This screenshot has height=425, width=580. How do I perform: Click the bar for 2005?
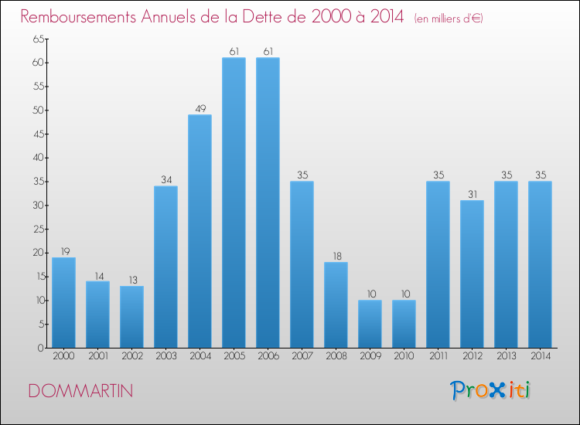coord(234,202)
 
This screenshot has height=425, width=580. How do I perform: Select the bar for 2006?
coord(268,202)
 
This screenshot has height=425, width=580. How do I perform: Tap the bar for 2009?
coord(370,324)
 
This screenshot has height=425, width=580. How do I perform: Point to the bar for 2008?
coord(336,304)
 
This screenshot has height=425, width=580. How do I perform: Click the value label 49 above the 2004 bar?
coord(200,108)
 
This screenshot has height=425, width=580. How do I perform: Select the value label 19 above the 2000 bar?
coord(63,251)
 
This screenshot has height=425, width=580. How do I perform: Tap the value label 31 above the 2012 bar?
coord(472,194)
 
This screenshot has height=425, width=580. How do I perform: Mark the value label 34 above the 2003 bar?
coord(165,179)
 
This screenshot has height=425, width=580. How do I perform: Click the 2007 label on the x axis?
coord(302,357)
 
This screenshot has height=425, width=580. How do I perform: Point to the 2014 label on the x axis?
coord(540,357)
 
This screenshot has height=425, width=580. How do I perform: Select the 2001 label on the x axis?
coord(97,357)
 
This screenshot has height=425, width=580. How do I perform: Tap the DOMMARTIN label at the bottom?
coord(80,391)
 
